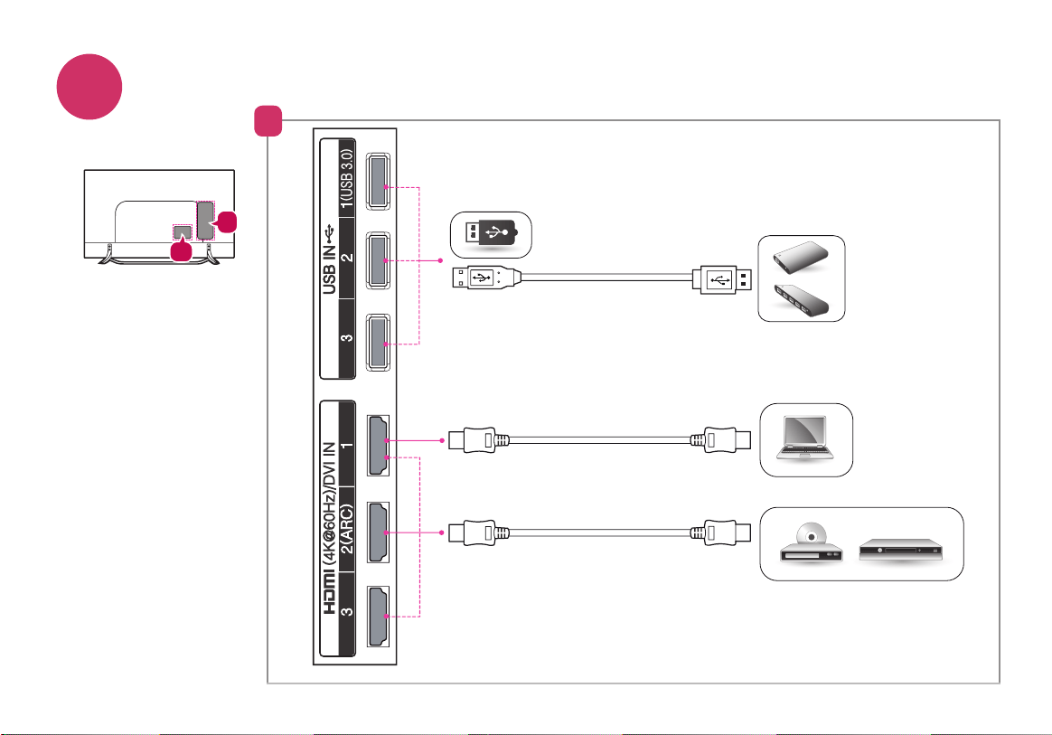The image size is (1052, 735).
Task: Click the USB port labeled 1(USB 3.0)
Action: click(378, 181)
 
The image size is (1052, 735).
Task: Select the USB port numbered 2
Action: click(378, 261)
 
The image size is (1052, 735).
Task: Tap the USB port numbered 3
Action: click(378, 343)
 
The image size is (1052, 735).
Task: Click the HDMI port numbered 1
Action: click(379, 446)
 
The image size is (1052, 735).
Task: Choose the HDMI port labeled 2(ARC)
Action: click(379, 532)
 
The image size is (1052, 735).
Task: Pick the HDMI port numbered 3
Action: click(379, 617)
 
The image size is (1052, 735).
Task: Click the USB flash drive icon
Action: click(491, 233)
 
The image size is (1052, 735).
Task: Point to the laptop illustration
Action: click(805, 438)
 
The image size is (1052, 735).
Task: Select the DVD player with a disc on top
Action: click(811, 543)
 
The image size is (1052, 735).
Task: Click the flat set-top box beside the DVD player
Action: click(900, 549)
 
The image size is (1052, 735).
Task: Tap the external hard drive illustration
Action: click(801, 259)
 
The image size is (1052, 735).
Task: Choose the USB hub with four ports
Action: click(801, 301)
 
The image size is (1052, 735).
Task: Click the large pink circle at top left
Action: click(89, 87)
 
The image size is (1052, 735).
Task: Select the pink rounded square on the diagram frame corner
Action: click(268, 121)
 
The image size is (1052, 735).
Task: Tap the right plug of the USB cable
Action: click(722, 279)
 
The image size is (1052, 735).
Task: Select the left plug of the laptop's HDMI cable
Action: click(479, 440)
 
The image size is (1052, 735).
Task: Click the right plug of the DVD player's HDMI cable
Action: click(720, 533)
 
